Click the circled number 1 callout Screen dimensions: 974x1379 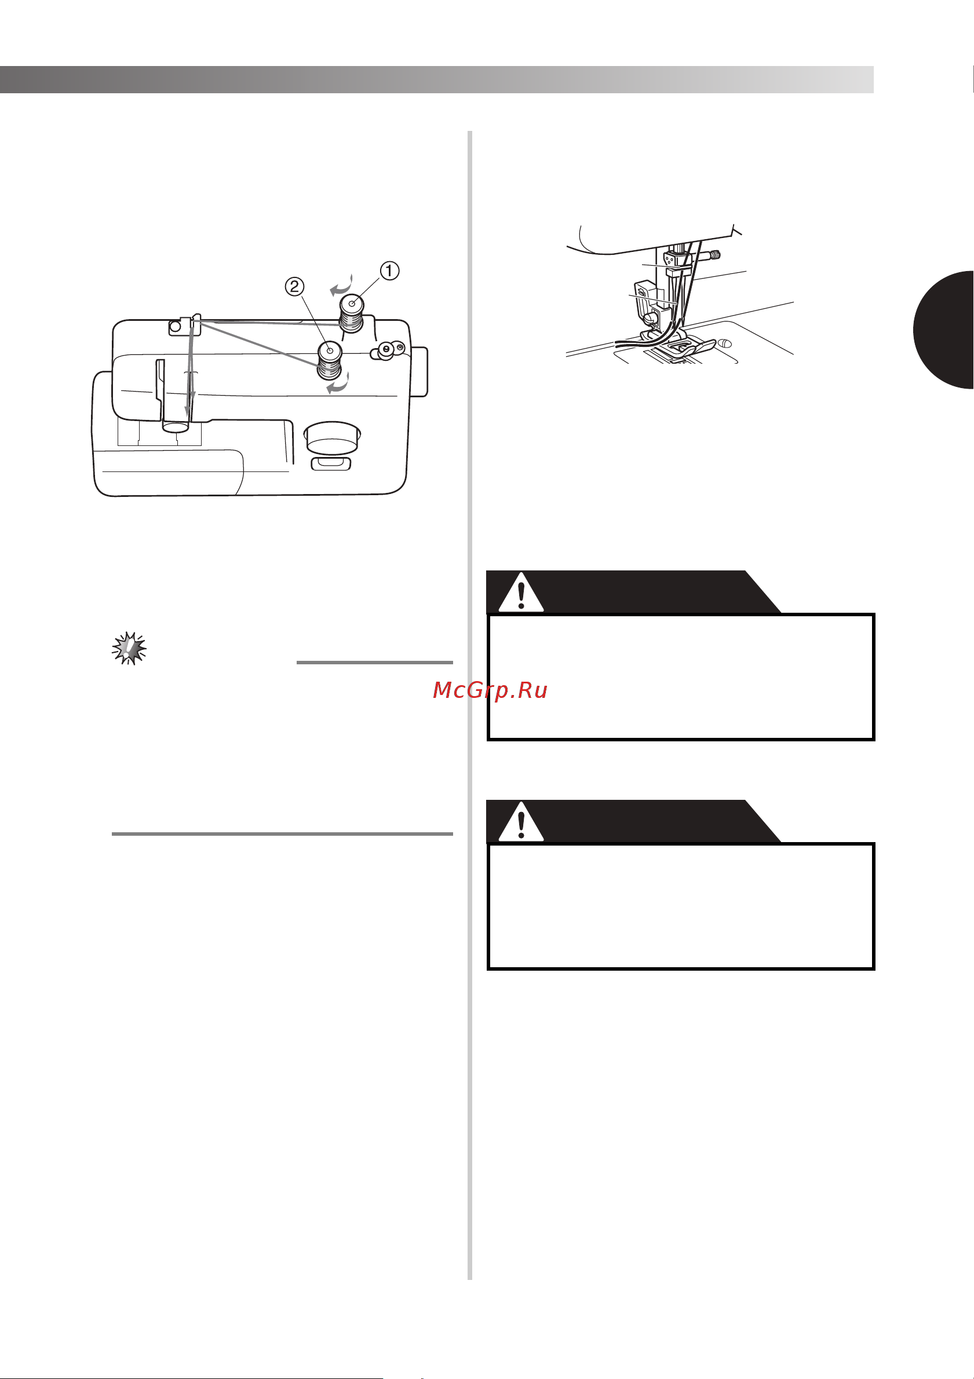click(x=389, y=271)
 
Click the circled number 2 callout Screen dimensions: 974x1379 click(x=294, y=287)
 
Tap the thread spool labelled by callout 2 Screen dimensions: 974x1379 click(x=329, y=360)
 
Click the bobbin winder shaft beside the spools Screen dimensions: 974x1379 click(x=387, y=350)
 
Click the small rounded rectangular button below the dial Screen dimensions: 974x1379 click(x=331, y=463)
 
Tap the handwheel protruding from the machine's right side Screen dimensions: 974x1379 click(x=420, y=372)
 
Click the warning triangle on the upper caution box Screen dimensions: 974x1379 click(x=521, y=592)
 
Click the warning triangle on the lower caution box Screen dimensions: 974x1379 click(x=521, y=822)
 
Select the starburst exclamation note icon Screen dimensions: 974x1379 click(x=129, y=648)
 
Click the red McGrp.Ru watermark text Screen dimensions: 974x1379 click(x=490, y=691)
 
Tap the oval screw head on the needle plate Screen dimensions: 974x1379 click(x=726, y=343)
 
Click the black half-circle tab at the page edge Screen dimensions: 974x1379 click(x=943, y=330)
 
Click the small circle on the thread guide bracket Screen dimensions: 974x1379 click(x=175, y=326)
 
